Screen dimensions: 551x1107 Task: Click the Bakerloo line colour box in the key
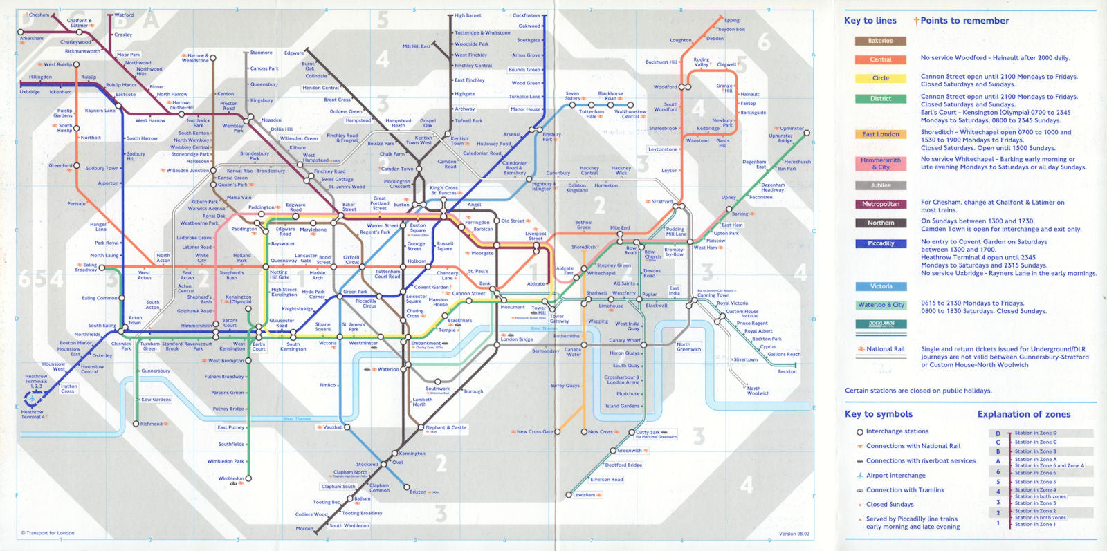click(x=880, y=41)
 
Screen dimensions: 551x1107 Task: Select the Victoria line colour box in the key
click(x=880, y=286)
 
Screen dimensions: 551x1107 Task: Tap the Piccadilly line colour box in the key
click(x=880, y=243)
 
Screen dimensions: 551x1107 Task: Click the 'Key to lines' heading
click(x=870, y=21)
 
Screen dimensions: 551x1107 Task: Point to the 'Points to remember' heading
click(x=964, y=21)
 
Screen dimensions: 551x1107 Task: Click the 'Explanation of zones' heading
click(x=1023, y=414)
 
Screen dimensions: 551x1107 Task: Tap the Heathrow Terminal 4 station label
click(x=32, y=414)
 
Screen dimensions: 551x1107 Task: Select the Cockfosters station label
click(x=526, y=15)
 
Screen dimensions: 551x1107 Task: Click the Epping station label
click(x=731, y=21)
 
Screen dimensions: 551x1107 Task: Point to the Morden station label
click(x=304, y=528)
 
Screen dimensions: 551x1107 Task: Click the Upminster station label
click(x=792, y=129)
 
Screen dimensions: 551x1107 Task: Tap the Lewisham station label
click(x=583, y=495)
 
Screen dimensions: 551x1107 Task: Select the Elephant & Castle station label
click(x=446, y=427)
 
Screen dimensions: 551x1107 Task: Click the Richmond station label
click(x=151, y=424)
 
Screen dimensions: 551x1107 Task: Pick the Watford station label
click(x=124, y=15)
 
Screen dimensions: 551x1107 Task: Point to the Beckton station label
click(x=787, y=371)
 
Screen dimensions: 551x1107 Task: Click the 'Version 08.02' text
click(x=794, y=534)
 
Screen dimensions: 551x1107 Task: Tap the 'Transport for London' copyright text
click(x=48, y=533)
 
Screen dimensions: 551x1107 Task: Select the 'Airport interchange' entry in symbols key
click(x=895, y=476)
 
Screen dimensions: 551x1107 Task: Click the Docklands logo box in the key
click(x=880, y=324)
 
